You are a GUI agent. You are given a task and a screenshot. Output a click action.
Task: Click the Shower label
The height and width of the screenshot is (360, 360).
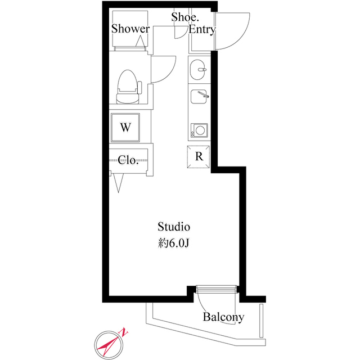[x=130, y=29]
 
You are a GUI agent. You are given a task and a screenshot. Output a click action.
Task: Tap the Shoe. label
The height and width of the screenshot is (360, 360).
[x=183, y=17]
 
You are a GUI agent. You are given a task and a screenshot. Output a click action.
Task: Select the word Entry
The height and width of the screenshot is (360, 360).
[x=202, y=30]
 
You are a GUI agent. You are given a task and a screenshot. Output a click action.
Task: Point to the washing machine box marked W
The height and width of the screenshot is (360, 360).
[x=125, y=127]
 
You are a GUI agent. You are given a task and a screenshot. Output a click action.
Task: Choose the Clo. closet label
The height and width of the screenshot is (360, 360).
[x=128, y=160]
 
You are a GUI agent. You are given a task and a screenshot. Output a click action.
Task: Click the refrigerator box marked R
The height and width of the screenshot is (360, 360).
[x=199, y=156]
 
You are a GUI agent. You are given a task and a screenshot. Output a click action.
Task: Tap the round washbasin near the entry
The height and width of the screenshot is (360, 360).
[x=198, y=71]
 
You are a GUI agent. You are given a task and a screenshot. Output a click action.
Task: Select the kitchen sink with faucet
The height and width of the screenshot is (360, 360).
[x=199, y=97]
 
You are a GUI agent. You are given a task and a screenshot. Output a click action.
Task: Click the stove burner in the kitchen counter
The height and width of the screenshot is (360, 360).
[x=199, y=131]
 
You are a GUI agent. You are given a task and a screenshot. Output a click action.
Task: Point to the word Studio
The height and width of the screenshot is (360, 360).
[x=174, y=227]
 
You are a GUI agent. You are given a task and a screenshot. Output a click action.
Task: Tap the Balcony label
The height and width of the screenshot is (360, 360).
[x=224, y=317]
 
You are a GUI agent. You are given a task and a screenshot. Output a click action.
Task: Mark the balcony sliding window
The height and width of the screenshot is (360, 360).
[x=217, y=289]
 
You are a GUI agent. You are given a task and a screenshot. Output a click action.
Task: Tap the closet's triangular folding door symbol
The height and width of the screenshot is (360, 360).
[x=119, y=182]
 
